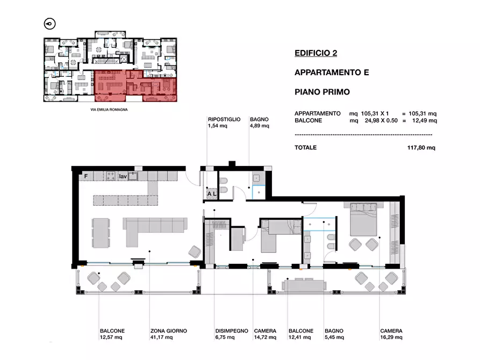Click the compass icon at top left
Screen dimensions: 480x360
click(x=49, y=24)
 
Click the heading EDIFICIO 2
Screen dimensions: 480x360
click(x=316, y=53)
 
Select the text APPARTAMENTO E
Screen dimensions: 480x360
click(x=332, y=73)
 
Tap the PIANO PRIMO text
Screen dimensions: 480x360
click(x=322, y=92)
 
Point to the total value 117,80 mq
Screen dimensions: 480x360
click(x=421, y=148)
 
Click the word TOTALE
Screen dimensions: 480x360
click(x=305, y=148)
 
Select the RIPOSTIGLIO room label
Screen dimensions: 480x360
click(x=224, y=119)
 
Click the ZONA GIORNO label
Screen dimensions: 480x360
click(x=168, y=331)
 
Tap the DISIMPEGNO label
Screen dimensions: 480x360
click(x=232, y=331)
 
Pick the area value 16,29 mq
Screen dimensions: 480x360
click(x=391, y=337)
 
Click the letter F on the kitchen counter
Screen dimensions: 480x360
click(x=86, y=176)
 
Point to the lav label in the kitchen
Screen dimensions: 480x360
click(x=123, y=176)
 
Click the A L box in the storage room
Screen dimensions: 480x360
click(x=212, y=194)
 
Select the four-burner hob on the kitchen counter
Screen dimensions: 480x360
click(x=111, y=176)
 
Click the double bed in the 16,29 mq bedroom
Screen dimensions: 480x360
click(x=363, y=219)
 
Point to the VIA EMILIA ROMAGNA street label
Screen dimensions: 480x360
click(x=109, y=110)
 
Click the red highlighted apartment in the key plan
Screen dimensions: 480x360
click(x=135, y=86)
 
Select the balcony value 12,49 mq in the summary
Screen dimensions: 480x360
click(x=424, y=120)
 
